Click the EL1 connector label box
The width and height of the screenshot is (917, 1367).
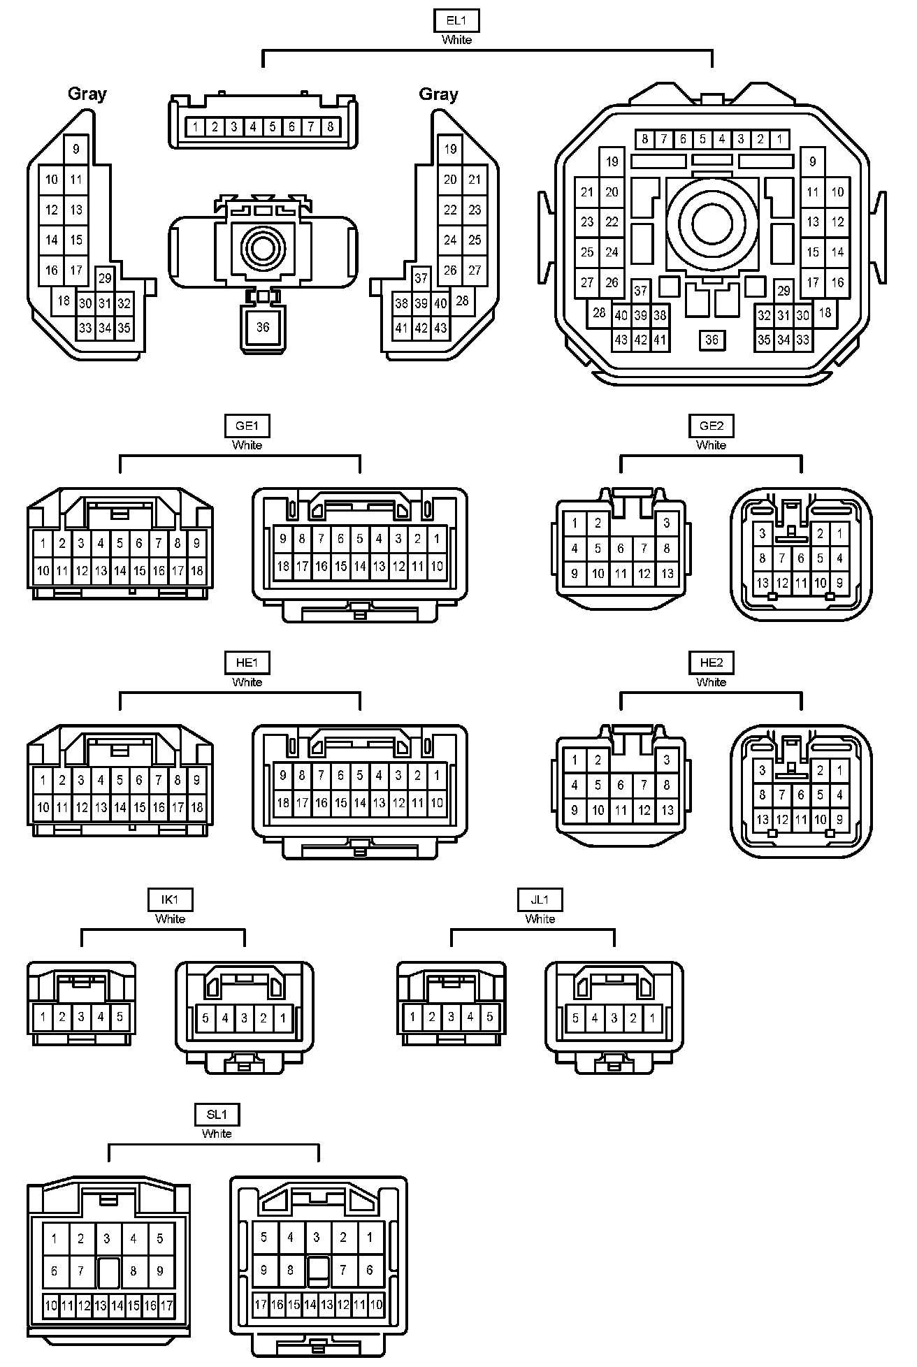(456, 21)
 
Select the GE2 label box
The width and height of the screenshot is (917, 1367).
(711, 426)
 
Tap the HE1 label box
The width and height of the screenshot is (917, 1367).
(247, 663)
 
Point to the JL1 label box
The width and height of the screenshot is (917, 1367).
(540, 899)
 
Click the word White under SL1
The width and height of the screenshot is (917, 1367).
(217, 1134)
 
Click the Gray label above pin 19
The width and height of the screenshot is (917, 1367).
(438, 94)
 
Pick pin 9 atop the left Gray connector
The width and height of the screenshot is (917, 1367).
(76, 149)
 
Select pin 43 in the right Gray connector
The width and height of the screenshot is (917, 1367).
(440, 328)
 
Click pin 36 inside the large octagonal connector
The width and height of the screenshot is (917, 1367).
(712, 340)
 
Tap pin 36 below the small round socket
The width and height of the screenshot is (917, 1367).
(263, 327)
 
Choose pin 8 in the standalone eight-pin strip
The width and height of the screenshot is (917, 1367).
(330, 127)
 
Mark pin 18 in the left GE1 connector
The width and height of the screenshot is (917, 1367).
(197, 571)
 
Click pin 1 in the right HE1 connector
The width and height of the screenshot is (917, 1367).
(437, 775)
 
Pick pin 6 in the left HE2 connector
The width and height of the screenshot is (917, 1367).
(621, 786)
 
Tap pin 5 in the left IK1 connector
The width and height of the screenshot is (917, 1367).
(120, 1017)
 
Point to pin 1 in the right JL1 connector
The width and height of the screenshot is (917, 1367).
(652, 1018)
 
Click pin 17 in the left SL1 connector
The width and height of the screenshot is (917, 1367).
(166, 1305)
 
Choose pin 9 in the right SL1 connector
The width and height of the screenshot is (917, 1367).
(263, 1270)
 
